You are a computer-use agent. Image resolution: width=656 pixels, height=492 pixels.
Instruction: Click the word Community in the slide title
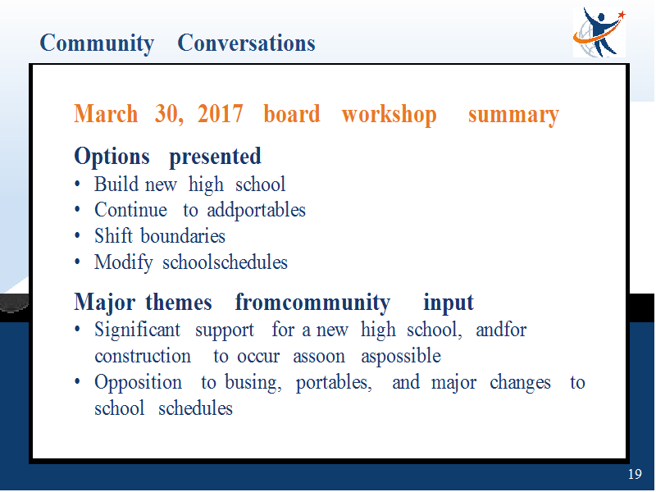97,44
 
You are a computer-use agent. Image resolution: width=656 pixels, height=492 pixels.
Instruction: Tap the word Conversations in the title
246,43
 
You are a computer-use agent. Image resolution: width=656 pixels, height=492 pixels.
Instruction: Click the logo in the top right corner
599,32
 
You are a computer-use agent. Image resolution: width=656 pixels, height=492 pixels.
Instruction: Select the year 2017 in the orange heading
220,113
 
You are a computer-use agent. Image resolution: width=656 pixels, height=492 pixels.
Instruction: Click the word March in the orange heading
106,114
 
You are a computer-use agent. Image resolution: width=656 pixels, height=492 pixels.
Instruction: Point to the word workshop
389,115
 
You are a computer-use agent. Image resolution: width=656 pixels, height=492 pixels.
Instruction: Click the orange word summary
513,116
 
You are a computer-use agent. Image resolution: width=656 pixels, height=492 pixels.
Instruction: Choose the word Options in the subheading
112,157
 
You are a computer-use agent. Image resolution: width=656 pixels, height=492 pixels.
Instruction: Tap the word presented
215,157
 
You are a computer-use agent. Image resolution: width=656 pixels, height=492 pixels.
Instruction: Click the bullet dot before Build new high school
77,184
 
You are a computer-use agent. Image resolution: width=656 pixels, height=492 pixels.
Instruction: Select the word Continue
130,210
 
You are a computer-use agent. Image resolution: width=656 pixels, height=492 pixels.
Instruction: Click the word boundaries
183,236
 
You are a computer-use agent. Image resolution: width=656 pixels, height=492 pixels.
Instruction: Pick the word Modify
124,263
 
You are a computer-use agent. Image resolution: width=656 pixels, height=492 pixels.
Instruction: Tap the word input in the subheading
448,303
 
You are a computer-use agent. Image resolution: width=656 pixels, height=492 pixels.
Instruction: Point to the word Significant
137,330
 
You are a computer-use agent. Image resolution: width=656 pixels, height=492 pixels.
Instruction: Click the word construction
143,356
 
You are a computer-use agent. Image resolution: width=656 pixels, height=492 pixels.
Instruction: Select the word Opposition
138,383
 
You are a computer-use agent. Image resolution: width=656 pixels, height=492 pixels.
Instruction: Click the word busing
253,383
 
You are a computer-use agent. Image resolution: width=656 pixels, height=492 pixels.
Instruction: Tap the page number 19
635,474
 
